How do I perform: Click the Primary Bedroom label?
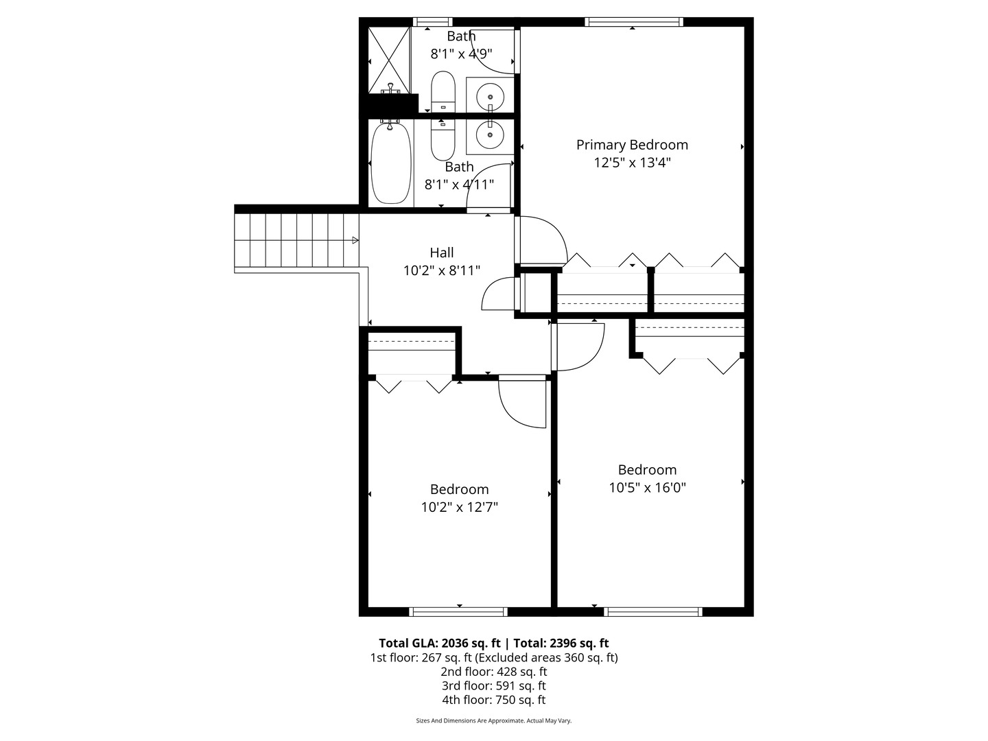632,145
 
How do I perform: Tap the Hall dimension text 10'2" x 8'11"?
442,270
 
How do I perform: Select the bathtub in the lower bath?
390,163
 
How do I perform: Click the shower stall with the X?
389,60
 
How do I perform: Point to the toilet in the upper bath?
443,91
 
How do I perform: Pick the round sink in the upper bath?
490,96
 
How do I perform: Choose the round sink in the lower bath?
490,134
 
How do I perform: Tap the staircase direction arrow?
355,240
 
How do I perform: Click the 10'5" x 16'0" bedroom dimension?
647,488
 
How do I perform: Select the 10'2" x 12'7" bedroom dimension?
459,507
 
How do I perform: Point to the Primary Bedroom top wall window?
634,22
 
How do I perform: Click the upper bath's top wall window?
432,22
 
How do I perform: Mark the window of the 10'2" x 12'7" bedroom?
458,612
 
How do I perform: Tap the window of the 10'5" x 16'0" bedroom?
653,612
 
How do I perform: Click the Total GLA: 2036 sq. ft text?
439,643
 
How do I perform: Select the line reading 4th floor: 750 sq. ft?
494,700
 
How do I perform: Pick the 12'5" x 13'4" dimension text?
632,163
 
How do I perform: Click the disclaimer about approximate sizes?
494,720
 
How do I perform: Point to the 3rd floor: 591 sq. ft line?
494,685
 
